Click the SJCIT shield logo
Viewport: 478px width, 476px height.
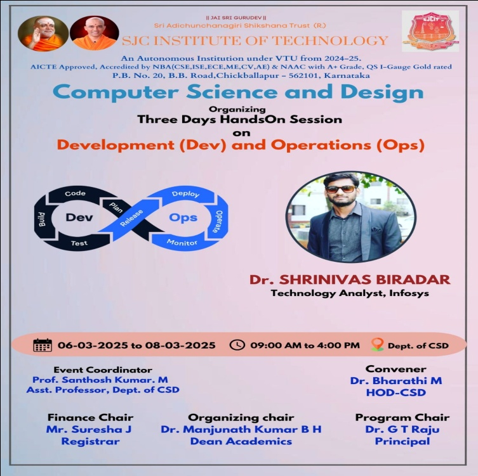point(430,30)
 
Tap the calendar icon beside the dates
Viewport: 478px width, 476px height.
point(43,345)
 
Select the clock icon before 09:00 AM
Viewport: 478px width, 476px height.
point(237,345)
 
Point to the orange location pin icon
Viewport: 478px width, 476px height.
point(378,345)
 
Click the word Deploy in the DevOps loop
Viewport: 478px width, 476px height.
point(185,194)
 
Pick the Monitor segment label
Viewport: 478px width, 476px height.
point(182,242)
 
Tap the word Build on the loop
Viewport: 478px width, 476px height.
point(42,219)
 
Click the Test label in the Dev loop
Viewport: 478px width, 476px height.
point(79,243)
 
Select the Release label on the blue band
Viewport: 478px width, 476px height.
point(131,218)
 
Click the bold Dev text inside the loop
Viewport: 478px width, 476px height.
point(79,217)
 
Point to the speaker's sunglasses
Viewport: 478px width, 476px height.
point(340,189)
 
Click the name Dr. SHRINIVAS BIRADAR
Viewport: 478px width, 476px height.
point(350,280)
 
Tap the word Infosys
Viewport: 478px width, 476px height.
point(409,293)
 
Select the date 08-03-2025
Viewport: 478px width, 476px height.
point(180,345)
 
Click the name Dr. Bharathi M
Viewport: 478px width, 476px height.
point(395,381)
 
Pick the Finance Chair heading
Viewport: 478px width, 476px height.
point(90,417)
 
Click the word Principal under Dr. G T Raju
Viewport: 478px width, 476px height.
point(402,441)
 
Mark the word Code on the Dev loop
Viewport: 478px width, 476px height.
point(76,193)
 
